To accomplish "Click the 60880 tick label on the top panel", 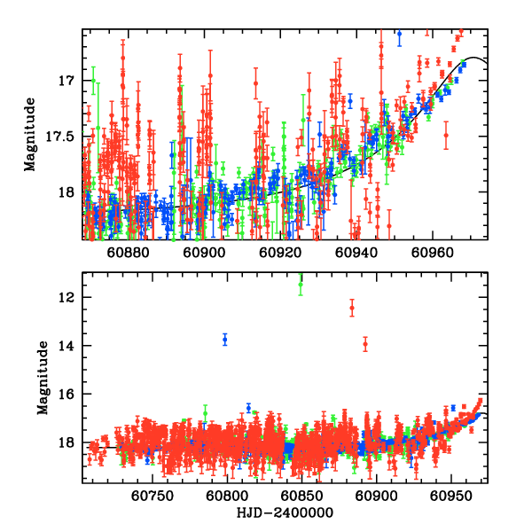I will pos(128,252).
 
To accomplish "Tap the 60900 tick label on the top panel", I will pos(204,252).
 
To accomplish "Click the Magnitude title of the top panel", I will pos(29,134).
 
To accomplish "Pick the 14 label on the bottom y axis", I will pos(69,346).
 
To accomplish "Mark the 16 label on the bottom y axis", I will pos(69,395).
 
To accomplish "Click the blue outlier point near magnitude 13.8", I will pos(225,340).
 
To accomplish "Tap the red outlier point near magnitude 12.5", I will pos(352,309).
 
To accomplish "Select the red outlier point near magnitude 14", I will pos(365,344).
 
